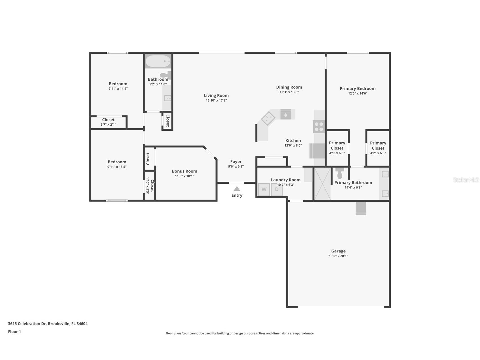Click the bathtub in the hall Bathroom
[158, 61]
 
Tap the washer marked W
[264, 189]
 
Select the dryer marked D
[277, 189]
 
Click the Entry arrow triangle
[237, 189]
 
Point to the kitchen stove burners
[319, 127]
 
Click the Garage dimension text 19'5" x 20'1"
[338, 256]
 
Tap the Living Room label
[216, 96]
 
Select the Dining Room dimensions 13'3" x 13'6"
[289, 92]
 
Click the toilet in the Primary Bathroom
[340, 173]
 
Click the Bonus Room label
[184, 171]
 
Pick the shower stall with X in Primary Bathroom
[322, 184]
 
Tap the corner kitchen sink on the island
[268, 118]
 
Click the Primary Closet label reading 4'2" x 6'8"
[378, 153]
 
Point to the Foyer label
[236, 162]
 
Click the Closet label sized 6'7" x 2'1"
[108, 125]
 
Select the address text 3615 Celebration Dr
[27, 323]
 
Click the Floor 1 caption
[14, 331]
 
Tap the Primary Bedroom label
[358, 89]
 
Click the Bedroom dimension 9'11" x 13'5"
[117, 167]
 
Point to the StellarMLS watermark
[466, 180]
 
